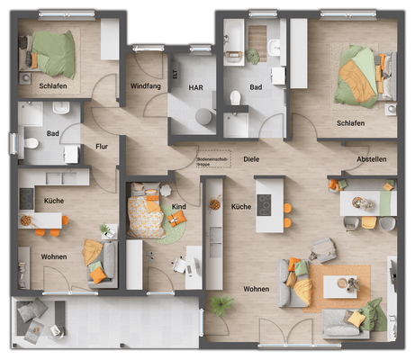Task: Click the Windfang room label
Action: coord(145,86)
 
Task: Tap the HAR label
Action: coord(195,87)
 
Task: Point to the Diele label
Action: coord(251,158)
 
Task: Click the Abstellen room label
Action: coord(371,158)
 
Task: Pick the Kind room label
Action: coord(178,207)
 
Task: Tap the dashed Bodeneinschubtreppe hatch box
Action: coord(209,158)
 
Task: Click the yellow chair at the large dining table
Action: coord(369,222)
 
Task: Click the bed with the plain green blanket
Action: coord(55,54)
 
